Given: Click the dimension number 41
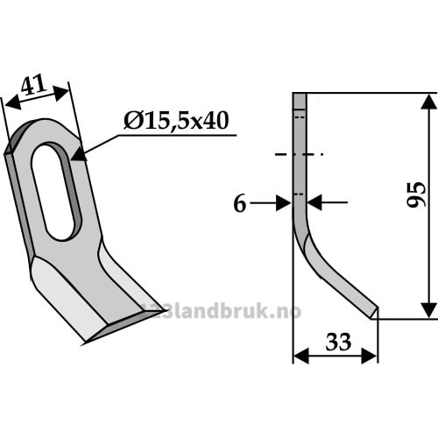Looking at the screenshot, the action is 34,85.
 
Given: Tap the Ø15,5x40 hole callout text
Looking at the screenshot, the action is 176,121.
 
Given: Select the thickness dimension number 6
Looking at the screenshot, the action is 240,204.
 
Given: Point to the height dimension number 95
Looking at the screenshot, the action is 417,194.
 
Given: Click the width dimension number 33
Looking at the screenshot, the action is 338,343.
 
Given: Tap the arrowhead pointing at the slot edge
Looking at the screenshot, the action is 79,154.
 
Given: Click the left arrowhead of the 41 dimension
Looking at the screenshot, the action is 13,103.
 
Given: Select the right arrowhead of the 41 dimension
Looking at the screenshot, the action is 61,93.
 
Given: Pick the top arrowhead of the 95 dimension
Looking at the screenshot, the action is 428,102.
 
